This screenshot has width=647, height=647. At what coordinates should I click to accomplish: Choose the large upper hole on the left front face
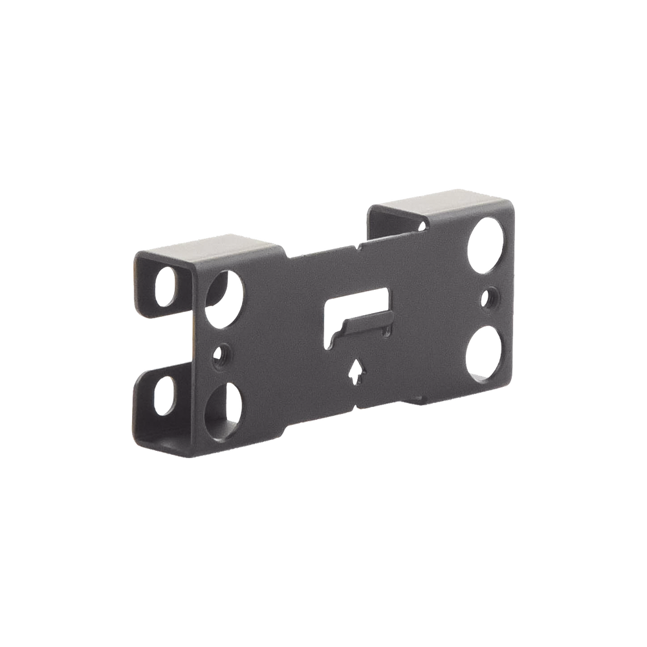pyautogui.click(x=222, y=299)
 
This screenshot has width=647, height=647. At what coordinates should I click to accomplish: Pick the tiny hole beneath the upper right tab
pyautogui.click(x=423, y=226)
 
